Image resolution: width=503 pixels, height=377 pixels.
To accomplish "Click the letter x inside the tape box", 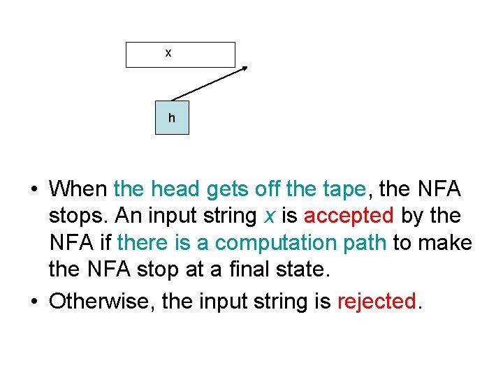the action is click(168, 53).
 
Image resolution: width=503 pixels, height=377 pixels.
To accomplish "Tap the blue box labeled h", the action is click(172, 117).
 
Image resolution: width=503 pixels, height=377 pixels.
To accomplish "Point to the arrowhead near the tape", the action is click(245, 69).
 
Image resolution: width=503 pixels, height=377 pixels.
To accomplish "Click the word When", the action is click(78, 188).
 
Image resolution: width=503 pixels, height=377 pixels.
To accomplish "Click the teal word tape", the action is click(346, 188).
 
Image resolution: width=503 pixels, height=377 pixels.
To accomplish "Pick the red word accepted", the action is click(349, 216).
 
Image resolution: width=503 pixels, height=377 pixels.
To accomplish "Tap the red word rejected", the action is click(376, 301).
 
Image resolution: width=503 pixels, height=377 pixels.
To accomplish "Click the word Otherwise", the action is click(103, 301).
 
